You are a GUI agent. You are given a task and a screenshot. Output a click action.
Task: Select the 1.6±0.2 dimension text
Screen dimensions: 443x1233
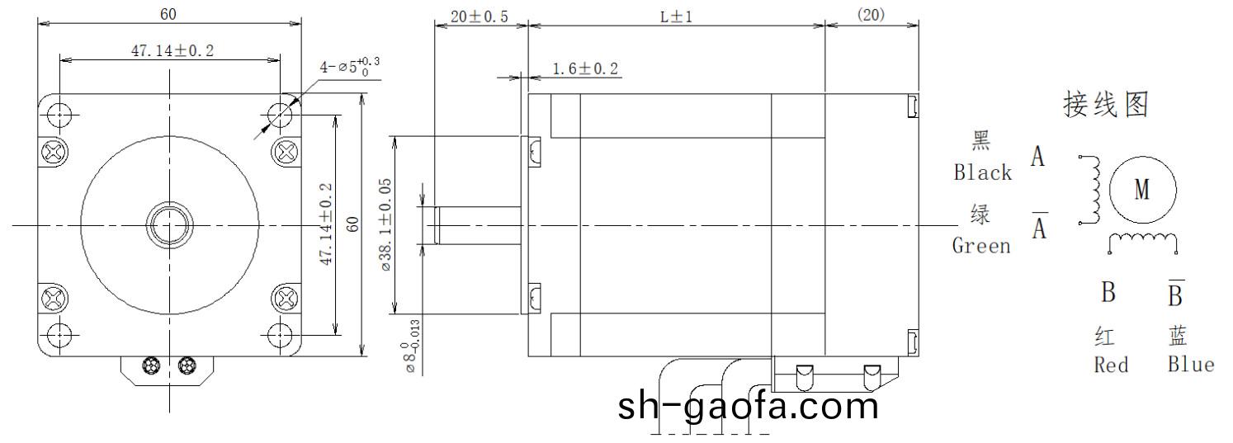(x=585, y=69)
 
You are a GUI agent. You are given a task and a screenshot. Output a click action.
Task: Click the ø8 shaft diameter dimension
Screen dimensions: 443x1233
(x=413, y=346)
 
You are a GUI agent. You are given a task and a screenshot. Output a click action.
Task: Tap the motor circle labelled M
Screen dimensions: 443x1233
(x=1141, y=191)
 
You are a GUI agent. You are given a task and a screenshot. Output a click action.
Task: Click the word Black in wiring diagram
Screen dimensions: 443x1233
(x=982, y=172)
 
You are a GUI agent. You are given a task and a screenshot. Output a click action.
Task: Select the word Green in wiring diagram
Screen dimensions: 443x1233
(x=981, y=246)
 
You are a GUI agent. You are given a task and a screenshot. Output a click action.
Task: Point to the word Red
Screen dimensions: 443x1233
(x=1110, y=365)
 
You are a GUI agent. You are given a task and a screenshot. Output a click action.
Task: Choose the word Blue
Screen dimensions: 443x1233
(x=1190, y=365)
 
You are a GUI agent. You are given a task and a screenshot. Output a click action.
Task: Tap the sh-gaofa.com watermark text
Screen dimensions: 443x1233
(x=748, y=406)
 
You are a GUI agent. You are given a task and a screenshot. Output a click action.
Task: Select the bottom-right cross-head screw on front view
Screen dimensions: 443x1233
(x=286, y=297)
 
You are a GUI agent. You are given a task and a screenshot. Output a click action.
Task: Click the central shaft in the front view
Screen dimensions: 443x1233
(x=169, y=224)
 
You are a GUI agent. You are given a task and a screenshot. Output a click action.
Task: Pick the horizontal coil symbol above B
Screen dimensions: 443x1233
(x=1142, y=241)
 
